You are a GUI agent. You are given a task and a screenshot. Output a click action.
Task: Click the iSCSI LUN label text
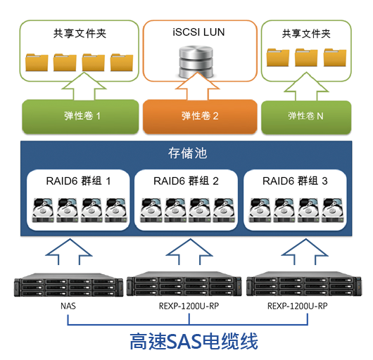[198, 32]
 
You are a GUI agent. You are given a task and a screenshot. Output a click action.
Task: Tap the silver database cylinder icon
[196, 61]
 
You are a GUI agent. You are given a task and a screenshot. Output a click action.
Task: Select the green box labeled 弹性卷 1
[80, 117]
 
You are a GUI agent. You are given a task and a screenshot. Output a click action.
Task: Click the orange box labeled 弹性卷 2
[200, 117]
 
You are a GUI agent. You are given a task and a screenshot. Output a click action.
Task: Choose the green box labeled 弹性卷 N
[306, 117]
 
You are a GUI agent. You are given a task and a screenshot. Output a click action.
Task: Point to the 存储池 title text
[187, 153]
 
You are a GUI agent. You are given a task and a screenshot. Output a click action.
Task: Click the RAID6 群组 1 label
[78, 181]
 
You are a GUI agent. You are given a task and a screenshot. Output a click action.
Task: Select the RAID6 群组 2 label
[186, 181]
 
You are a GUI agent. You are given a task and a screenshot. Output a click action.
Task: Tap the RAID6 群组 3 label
[295, 181]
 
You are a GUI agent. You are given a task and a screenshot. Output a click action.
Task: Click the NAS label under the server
[68, 306]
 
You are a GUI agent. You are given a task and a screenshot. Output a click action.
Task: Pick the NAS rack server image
[68, 285]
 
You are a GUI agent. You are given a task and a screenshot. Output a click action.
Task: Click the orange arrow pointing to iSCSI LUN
[197, 86]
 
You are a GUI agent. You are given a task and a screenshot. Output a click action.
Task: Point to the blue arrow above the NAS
[69, 252]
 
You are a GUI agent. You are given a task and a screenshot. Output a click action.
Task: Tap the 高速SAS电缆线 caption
[194, 341]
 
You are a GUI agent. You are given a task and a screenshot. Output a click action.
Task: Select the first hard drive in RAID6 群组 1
[43, 210]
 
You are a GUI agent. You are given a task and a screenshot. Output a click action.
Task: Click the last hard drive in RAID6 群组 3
[333, 210]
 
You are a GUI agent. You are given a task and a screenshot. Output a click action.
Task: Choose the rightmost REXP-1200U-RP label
[298, 306]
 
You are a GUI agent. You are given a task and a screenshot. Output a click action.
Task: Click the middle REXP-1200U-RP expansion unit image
[184, 284]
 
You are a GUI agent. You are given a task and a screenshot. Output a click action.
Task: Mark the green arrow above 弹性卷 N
[306, 86]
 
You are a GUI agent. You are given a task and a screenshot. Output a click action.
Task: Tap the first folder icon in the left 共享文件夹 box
[37, 63]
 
